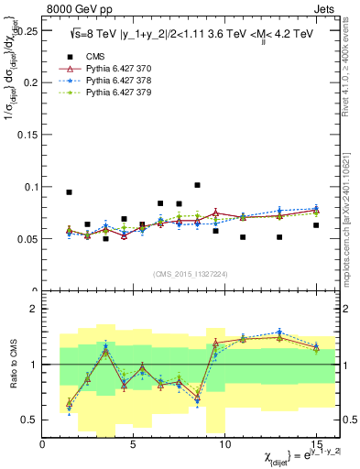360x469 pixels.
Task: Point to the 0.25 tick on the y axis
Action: (x=26, y=30)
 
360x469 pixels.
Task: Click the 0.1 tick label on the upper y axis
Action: (x=29, y=187)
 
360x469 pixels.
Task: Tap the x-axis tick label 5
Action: (x=134, y=443)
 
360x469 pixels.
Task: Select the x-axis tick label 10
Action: (x=224, y=443)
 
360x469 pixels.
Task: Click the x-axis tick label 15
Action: (x=316, y=443)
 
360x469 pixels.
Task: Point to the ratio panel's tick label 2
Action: (x=34, y=309)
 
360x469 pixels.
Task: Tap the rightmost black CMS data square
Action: (x=316, y=225)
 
